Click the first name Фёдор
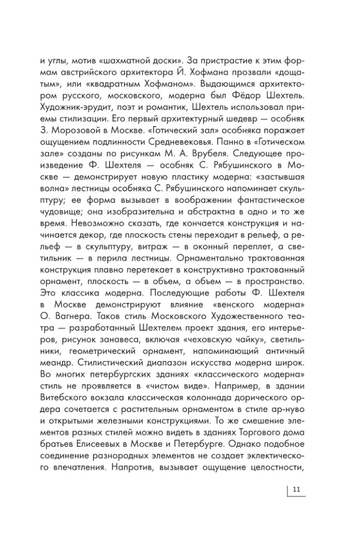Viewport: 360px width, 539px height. (x=255, y=96)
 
